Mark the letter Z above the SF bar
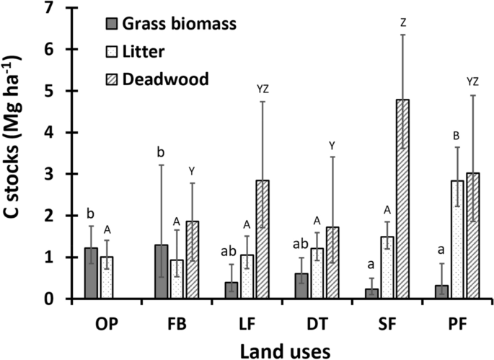(402, 22)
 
